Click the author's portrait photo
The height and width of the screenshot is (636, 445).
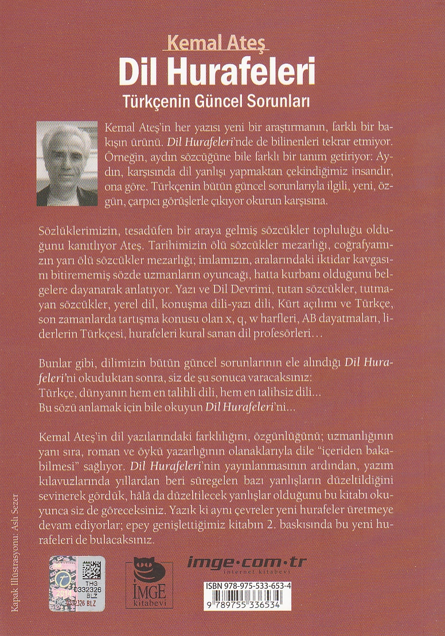67,163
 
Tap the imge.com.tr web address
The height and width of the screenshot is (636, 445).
247,562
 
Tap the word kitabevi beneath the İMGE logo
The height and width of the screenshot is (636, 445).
141,605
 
